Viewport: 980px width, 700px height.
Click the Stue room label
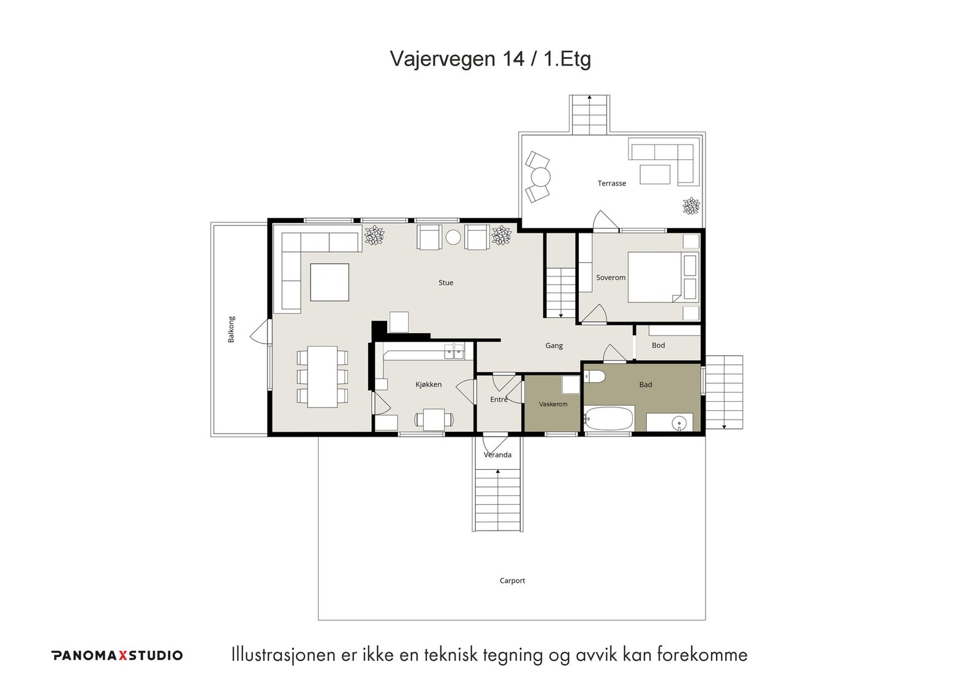(x=446, y=282)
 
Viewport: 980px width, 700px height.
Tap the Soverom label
(x=611, y=277)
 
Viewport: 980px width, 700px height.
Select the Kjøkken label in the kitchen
(x=428, y=385)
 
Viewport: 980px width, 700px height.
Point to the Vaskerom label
(x=553, y=404)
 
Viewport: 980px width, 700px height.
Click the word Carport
(x=512, y=581)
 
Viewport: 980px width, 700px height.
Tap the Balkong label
(x=232, y=329)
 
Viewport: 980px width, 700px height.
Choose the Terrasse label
(x=612, y=183)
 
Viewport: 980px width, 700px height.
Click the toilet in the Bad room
(x=594, y=376)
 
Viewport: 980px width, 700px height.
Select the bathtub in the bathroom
(x=609, y=418)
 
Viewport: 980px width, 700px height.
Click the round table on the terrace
(x=541, y=177)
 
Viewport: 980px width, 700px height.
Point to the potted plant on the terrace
(x=691, y=206)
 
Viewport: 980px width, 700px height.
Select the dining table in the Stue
(x=322, y=377)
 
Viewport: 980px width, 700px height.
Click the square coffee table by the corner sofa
(x=330, y=282)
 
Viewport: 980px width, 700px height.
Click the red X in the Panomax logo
(x=123, y=655)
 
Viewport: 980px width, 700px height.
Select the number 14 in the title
(x=513, y=59)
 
